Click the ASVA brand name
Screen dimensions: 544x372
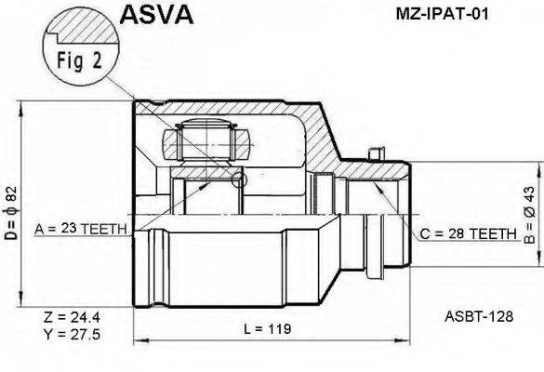[156, 14]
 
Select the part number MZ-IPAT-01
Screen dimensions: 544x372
[442, 14]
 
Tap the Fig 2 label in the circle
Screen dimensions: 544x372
[79, 60]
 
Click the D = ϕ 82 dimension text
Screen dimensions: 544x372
[11, 213]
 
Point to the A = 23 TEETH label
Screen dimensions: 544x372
[81, 229]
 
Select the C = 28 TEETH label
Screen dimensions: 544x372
[468, 234]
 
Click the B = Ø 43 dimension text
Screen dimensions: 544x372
[530, 215]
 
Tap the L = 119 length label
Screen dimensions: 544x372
[267, 328]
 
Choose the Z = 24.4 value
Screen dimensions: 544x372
[72, 316]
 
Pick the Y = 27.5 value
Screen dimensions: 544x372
[72, 334]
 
